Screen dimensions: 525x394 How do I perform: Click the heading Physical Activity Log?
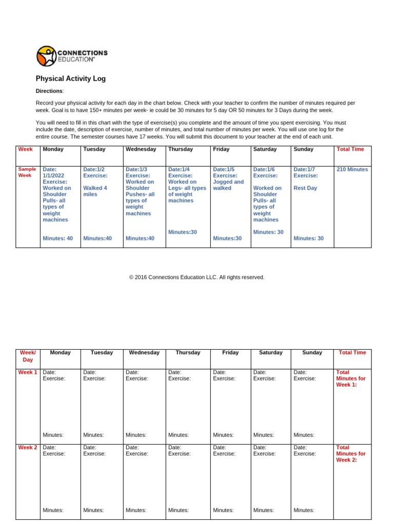71,79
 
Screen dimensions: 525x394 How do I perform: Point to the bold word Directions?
49,91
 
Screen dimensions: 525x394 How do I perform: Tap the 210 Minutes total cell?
352,169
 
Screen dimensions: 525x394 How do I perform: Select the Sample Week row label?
27,172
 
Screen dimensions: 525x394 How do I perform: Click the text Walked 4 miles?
95,191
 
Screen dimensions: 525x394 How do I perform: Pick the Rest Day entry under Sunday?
305,188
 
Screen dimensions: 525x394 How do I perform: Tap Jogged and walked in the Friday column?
228,185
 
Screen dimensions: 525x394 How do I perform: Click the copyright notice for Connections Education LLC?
197,277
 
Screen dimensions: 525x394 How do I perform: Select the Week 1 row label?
28,372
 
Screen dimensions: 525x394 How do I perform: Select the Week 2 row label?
28,448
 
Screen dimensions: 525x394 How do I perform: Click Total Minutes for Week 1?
351,378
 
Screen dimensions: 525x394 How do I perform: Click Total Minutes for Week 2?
351,454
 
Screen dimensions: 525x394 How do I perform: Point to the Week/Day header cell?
28,356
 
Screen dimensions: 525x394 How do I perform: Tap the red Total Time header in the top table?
350,149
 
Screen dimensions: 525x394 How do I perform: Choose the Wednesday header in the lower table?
144,353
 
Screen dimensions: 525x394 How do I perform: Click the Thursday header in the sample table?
181,149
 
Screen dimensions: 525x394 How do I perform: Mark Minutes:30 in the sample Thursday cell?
182,232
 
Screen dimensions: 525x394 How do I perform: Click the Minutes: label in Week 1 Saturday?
264,435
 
